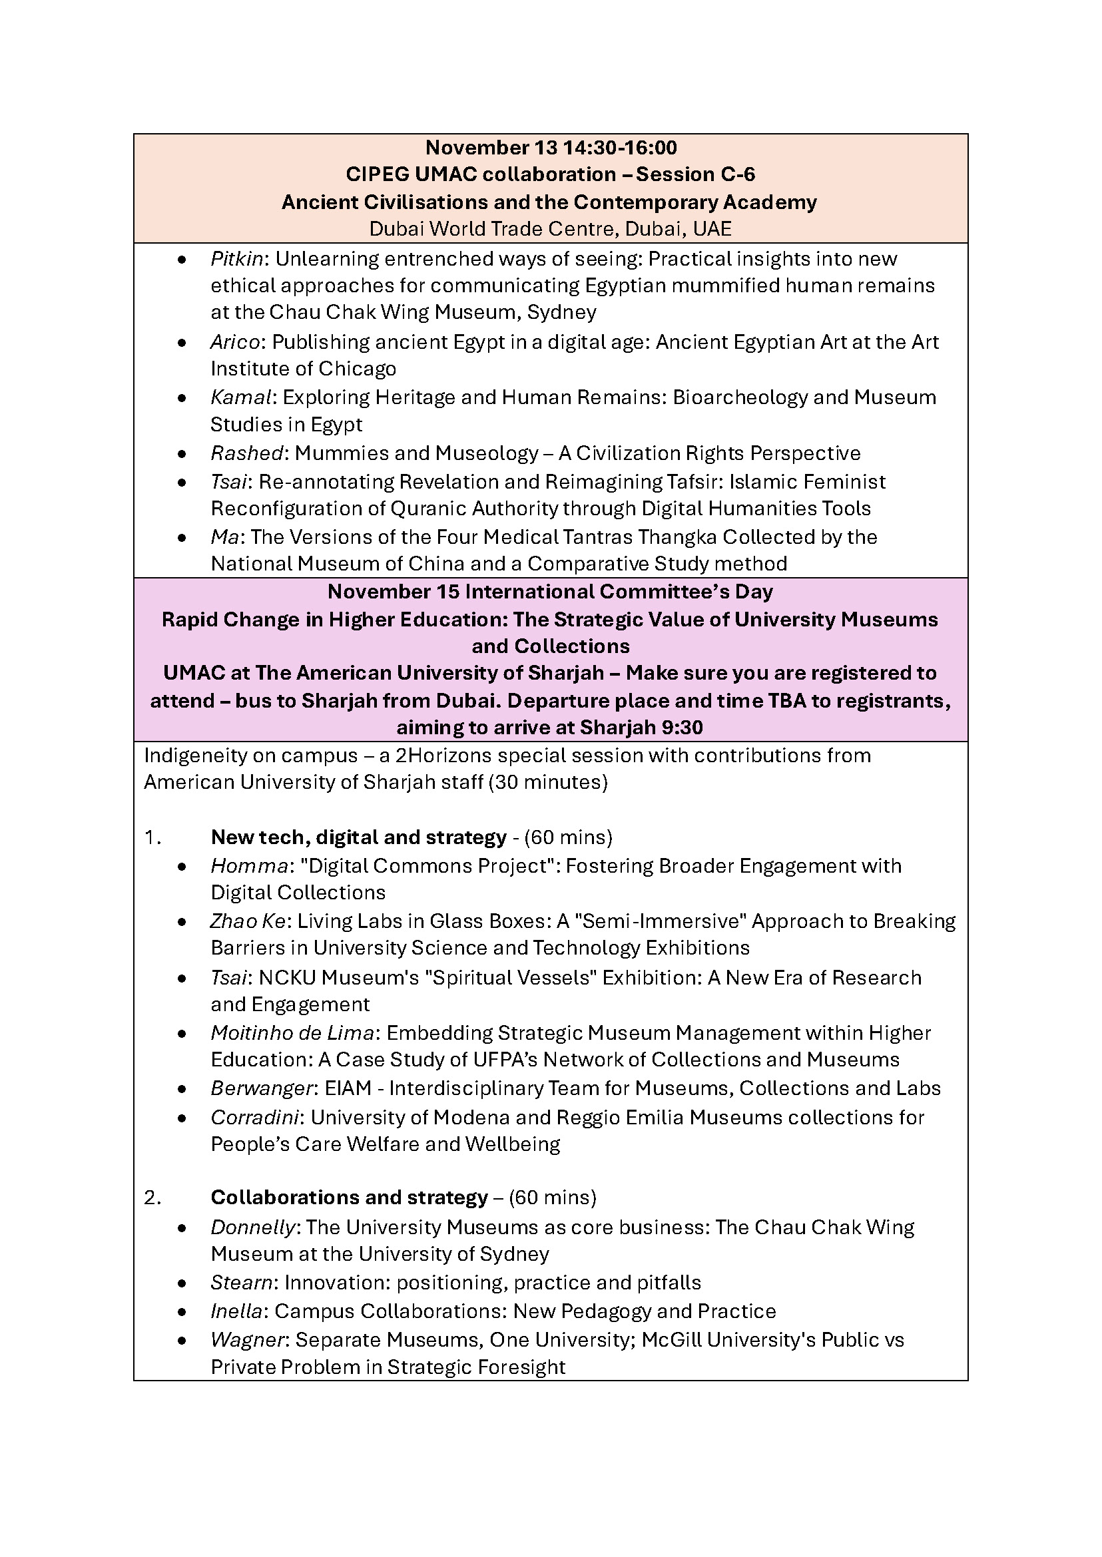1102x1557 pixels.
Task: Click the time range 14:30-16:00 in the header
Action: pyautogui.click(x=619, y=148)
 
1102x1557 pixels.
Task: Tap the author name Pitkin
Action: pyautogui.click(x=236, y=259)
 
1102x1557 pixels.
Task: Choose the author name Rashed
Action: pyautogui.click(x=246, y=453)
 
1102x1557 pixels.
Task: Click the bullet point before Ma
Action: pyautogui.click(x=181, y=538)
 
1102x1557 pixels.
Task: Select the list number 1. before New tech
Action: pyautogui.click(x=152, y=838)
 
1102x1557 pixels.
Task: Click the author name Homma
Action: pyautogui.click(x=249, y=866)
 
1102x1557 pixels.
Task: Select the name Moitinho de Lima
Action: pyautogui.click(x=292, y=1033)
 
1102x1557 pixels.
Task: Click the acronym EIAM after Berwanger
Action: pyautogui.click(x=348, y=1088)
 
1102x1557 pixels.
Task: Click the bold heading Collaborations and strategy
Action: pyautogui.click(x=349, y=1198)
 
